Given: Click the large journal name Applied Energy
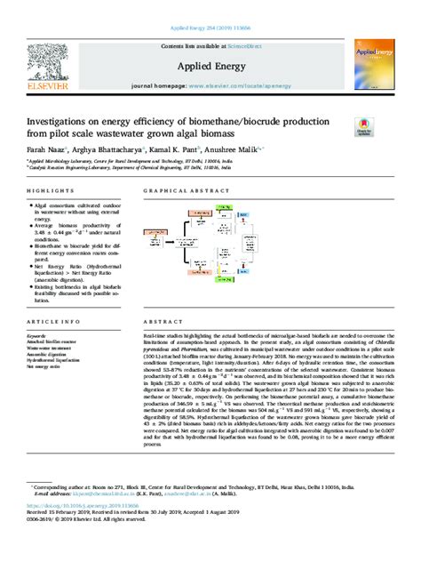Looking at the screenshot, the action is tap(210, 66).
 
